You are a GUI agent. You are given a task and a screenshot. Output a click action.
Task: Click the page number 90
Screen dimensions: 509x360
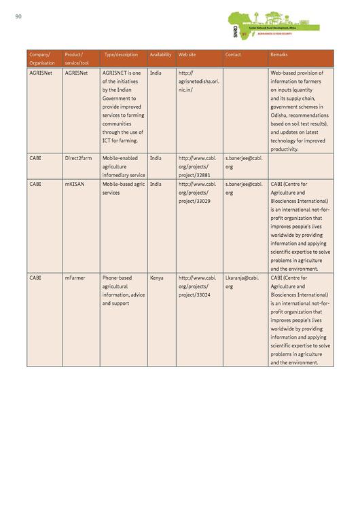(18, 17)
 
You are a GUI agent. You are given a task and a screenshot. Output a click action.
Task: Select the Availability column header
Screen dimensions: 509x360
(160, 54)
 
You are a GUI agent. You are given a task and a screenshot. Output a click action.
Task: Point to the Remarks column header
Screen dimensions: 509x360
(279, 54)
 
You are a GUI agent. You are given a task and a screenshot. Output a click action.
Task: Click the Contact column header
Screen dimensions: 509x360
(233, 54)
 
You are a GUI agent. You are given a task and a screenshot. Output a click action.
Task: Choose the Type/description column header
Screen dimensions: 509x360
(120, 54)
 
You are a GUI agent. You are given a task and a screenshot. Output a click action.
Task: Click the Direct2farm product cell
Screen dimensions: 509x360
(78, 158)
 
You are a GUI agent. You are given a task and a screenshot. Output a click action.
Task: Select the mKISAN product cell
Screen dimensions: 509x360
(76, 184)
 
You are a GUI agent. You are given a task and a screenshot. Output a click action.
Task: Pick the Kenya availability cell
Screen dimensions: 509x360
(156, 278)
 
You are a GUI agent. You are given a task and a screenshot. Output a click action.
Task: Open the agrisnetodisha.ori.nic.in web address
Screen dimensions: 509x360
(198, 81)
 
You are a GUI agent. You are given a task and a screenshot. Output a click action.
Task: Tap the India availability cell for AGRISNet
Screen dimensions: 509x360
(156, 73)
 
